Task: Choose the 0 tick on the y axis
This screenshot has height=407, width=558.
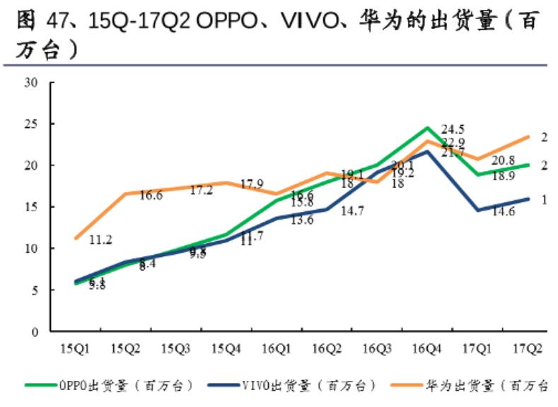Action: click(x=33, y=331)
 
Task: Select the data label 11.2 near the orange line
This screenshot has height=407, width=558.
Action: click(x=101, y=240)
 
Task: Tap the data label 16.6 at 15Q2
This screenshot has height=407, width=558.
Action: click(x=151, y=196)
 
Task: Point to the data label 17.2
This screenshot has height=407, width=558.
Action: click(x=201, y=191)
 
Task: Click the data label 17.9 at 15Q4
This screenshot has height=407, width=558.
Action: click(x=252, y=185)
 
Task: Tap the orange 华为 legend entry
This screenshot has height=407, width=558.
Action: click(x=481, y=385)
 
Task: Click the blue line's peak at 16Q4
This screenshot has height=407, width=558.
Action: click(x=427, y=151)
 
